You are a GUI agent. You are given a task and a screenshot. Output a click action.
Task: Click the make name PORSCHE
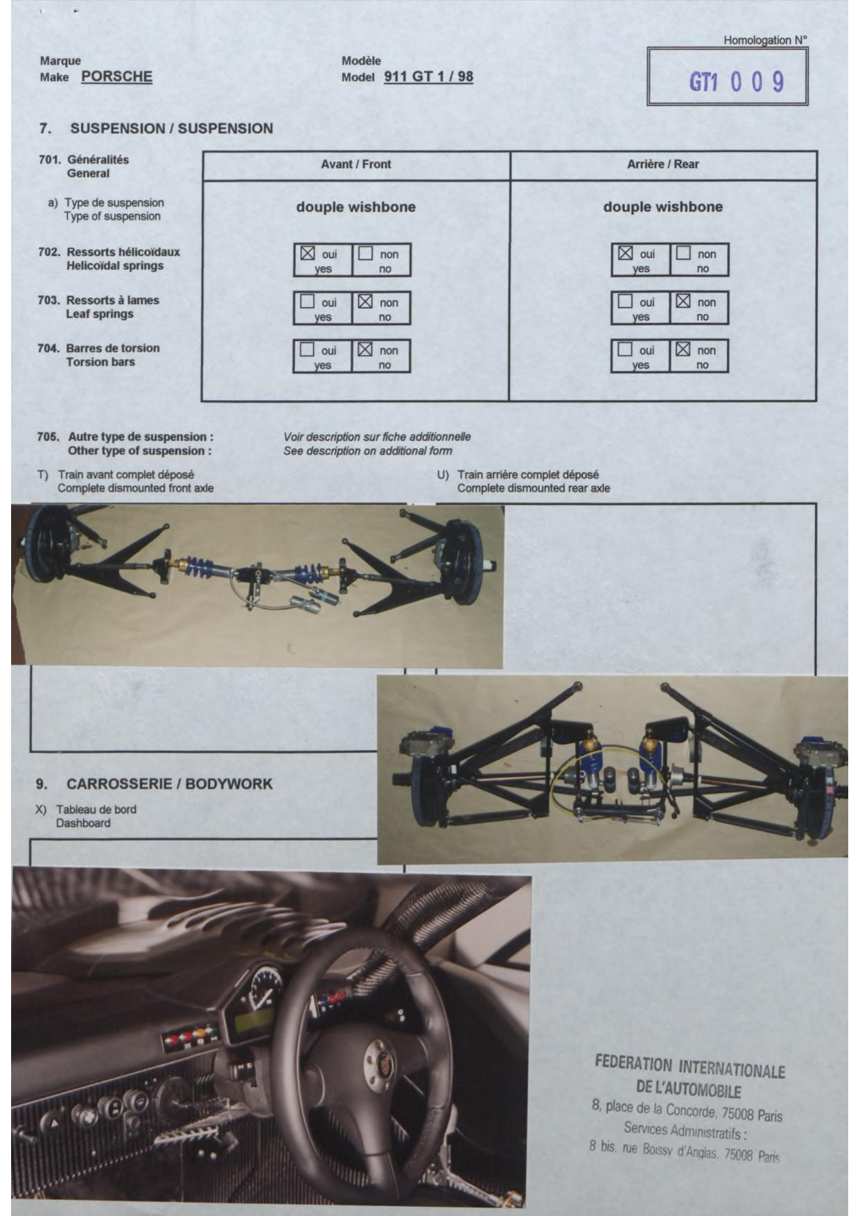click(x=116, y=76)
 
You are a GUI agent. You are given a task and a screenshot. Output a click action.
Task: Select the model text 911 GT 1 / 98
click(x=428, y=76)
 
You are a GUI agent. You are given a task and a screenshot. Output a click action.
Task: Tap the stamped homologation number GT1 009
click(x=736, y=82)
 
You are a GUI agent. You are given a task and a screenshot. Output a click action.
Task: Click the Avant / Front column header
click(x=356, y=164)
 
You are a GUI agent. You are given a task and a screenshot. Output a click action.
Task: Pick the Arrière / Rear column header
click(x=662, y=164)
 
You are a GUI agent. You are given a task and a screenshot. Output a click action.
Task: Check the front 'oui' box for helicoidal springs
click(x=308, y=253)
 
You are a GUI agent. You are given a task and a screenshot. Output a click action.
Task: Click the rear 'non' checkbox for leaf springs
click(x=683, y=301)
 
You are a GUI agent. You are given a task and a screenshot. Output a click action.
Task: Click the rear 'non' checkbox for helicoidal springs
click(x=683, y=253)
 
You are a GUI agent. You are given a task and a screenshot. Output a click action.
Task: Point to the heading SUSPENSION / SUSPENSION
click(x=171, y=128)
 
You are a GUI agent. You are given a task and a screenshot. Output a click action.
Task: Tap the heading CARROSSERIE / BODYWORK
click(x=169, y=784)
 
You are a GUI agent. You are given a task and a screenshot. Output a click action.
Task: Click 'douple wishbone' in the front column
click(x=356, y=207)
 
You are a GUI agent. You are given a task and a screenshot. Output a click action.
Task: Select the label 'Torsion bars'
click(x=100, y=362)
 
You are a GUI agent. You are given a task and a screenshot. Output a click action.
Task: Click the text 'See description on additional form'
click(x=367, y=451)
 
